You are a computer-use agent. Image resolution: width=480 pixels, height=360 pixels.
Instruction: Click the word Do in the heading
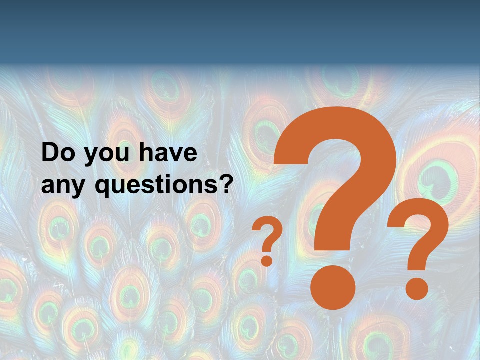pos(57,153)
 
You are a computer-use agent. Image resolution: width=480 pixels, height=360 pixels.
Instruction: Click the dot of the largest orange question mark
pos(333,288)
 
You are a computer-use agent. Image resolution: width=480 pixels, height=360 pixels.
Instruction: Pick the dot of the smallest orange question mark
pos(267,260)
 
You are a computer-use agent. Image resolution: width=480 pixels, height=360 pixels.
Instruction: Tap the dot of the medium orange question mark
pos(416,288)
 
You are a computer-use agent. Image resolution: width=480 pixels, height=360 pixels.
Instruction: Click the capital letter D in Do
pos(50,153)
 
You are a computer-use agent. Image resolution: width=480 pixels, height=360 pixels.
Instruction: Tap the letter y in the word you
pos(91,157)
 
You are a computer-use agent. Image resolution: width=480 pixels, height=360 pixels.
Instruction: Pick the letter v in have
pos(175,155)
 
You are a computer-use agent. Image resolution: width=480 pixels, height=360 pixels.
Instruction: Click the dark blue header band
pos(240,30)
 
